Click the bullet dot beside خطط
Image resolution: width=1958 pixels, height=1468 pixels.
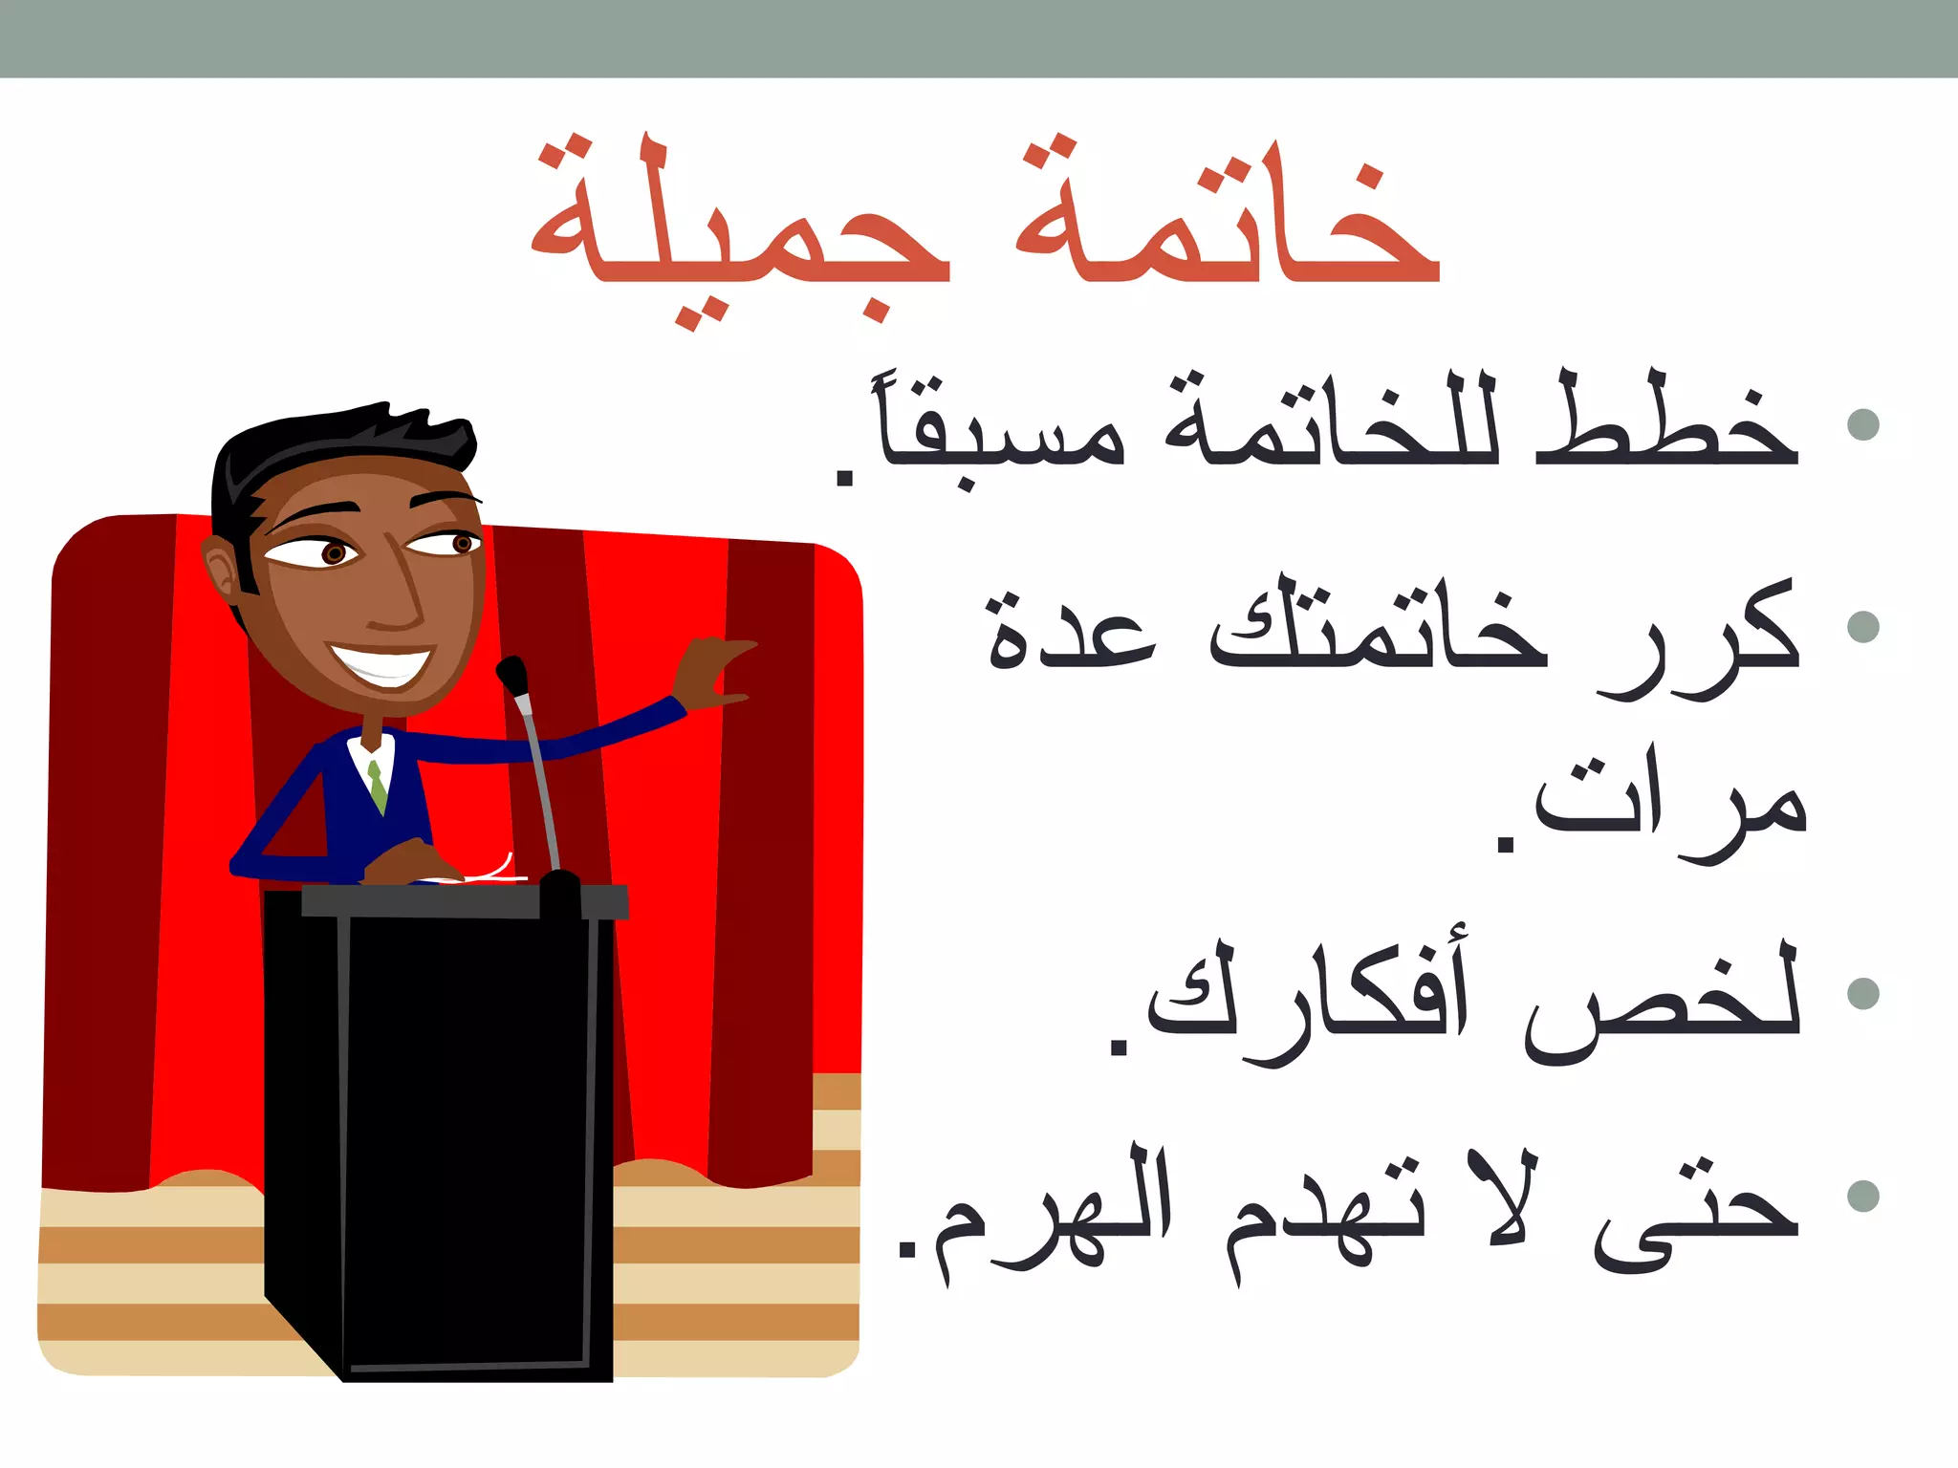click(x=1862, y=424)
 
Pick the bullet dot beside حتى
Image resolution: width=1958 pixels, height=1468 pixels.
click(x=1862, y=1196)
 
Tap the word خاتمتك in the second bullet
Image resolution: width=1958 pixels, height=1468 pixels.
click(x=1377, y=631)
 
